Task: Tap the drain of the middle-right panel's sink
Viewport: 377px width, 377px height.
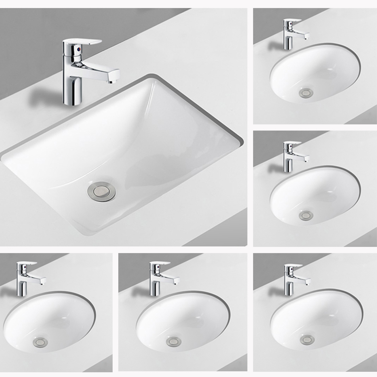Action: coord(305,216)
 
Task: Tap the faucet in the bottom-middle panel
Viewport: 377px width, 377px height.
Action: coord(156,278)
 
